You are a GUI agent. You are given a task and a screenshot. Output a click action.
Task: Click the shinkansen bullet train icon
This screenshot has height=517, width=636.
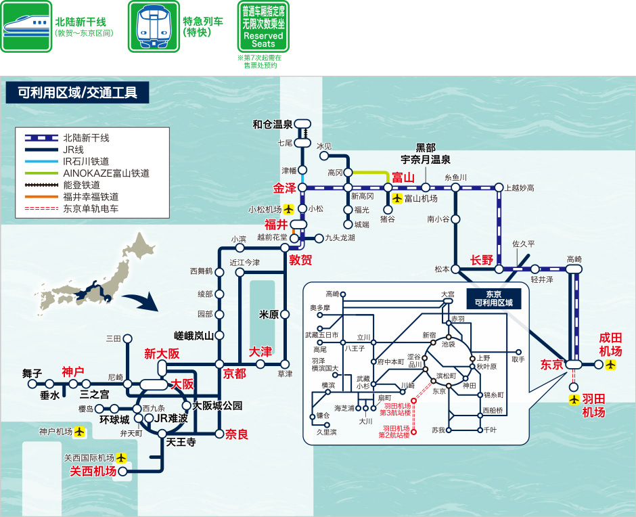(x=26, y=26)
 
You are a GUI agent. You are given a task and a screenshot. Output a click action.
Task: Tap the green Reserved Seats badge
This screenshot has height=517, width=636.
(x=263, y=27)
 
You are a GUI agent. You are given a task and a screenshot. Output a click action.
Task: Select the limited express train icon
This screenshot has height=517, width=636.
(x=154, y=26)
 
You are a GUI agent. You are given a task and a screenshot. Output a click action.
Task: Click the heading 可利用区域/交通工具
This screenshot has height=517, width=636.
(x=77, y=93)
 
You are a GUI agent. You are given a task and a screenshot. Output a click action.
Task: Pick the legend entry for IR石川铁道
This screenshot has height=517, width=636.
(x=86, y=162)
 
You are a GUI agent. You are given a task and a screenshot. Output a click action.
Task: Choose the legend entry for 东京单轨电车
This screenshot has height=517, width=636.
(x=91, y=208)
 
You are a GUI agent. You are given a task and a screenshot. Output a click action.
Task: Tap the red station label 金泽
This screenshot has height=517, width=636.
(x=285, y=188)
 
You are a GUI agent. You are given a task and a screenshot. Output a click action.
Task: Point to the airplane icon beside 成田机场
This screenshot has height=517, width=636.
(x=612, y=365)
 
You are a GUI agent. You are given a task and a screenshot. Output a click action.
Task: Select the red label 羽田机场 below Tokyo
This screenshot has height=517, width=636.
(x=593, y=405)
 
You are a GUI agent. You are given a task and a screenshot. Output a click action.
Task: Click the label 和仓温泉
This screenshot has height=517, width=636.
(x=273, y=125)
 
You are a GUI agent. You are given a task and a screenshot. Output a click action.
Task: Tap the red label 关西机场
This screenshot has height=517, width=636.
(x=93, y=472)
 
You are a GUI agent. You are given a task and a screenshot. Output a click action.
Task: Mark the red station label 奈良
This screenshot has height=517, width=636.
(x=237, y=434)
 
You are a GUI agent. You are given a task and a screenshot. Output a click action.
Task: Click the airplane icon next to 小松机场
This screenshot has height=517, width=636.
(x=289, y=209)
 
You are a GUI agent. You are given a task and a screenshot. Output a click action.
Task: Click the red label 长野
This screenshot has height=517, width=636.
(x=482, y=260)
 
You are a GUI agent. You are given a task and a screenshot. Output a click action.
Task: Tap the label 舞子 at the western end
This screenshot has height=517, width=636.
(x=32, y=373)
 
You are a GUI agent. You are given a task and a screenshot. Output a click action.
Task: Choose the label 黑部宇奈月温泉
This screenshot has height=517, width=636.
(x=426, y=154)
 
